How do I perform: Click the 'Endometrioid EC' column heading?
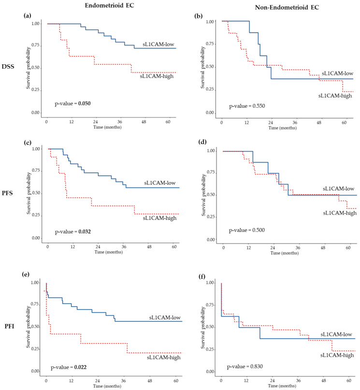point(109,5)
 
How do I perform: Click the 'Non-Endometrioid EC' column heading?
point(287,7)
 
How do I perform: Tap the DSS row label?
point(8,67)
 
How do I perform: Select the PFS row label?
point(7,193)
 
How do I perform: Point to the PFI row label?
point(10,326)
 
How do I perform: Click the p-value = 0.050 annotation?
point(72,103)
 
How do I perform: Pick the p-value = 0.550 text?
point(247,106)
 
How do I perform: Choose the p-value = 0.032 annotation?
point(73,232)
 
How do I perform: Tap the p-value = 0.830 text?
point(245,367)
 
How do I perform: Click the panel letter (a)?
point(28,16)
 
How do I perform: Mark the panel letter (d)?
point(202,142)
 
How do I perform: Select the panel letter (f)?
point(202,276)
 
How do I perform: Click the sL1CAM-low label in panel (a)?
point(158,44)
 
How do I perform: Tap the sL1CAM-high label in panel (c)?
point(159,218)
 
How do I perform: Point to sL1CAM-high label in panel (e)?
point(164,358)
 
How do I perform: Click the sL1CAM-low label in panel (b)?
point(337,73)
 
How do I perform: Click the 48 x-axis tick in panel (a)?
point(144,122)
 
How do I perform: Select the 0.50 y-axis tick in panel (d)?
point(211,195)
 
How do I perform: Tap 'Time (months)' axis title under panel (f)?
point(282,386)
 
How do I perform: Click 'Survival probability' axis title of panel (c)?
point(29,193)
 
